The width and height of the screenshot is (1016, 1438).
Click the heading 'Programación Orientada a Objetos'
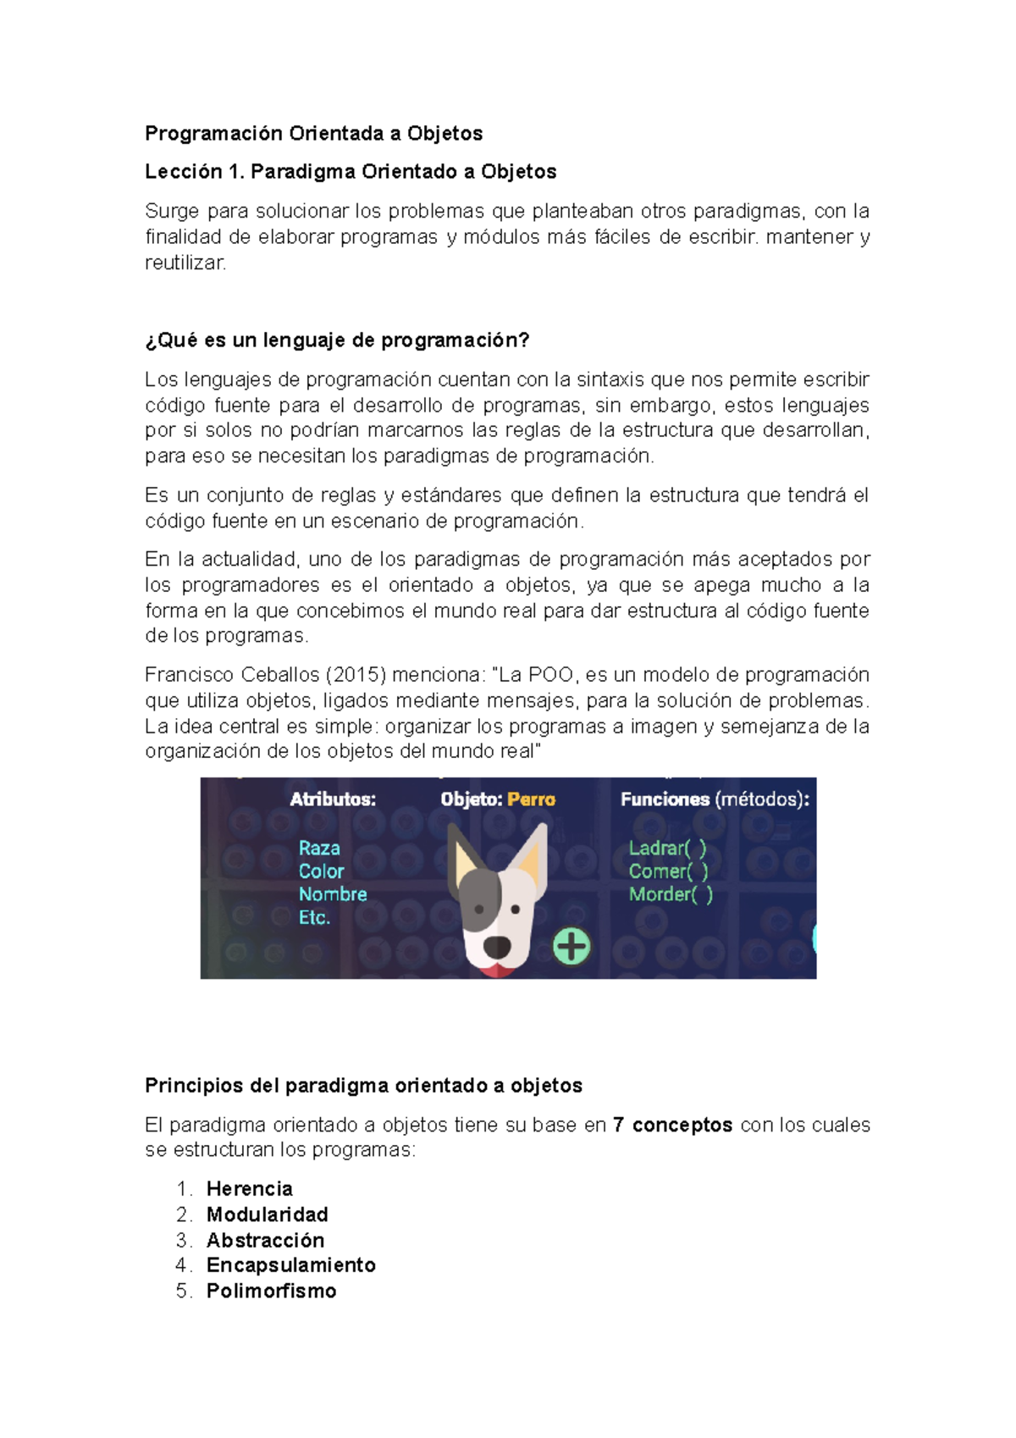pyautogui.click(x=313, y=134)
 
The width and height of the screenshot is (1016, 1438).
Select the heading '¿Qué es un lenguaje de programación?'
pyautogui.click(x=337, y=340)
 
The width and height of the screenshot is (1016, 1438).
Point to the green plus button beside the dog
pyautogui.click(x=571, y=946)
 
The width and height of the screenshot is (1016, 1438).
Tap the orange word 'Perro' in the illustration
pyautogui.click(x=531, y=799)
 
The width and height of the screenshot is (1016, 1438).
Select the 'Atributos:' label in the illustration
pyautogui.click(x=333, y=799)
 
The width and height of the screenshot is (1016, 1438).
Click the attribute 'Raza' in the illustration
pyautogui.click(x=319, y=849)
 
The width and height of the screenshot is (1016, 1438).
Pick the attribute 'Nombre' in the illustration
pyautogui.click(x=333, y=894)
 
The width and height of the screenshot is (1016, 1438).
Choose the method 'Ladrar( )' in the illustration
pyautogui.click(x=667, y=849)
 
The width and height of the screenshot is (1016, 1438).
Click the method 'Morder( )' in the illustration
pyautogui.click(x=671, y=894)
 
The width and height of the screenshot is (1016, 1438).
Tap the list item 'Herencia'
pyautogui.click(x=250, y=1189)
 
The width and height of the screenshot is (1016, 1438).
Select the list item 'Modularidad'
pyautogui.click(x=268, y=1214)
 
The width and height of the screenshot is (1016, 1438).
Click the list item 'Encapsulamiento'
pyautogui.click(x=291, y=1265)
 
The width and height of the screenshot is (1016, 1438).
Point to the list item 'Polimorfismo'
pyautogui.click(x=272, y=1291)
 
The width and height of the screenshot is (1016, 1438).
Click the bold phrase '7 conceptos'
pyautogui.click(x=673, y=1126)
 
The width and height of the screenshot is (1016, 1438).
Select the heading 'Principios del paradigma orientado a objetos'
pyautogui.click(x=364, y=1086)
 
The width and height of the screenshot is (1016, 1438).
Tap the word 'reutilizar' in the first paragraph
pyautogui.click(x=185, y=263)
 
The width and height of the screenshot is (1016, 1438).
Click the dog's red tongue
pyautogui.click(x=497, y=969)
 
